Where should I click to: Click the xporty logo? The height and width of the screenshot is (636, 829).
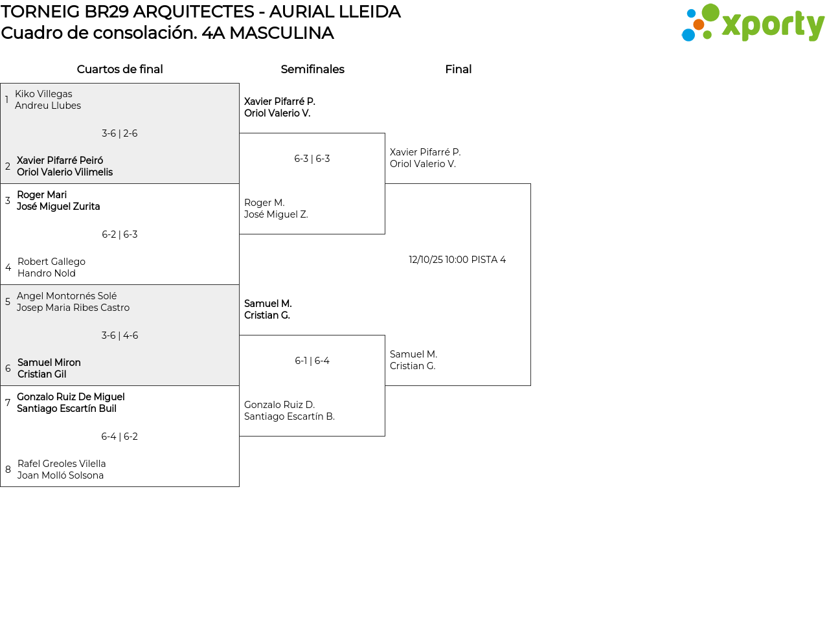[x=753, y=24]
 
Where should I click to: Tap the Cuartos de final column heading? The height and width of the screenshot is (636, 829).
[x=120, y=69]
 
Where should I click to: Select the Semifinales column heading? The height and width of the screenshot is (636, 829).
[x=312, y=69]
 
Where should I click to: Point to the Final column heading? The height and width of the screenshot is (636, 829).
[x=458, y=69]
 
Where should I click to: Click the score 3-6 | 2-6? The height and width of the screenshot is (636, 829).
[x=120, y=133]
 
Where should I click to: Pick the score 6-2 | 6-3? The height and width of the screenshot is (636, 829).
[x=120, y=234]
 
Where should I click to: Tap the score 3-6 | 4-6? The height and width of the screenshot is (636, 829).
[x=120, y=335]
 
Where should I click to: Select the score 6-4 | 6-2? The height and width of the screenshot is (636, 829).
[x=120, y=437]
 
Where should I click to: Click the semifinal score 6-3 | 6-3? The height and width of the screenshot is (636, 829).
[x=312, y=159]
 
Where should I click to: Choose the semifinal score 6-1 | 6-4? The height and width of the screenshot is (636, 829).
[x=312, y=361]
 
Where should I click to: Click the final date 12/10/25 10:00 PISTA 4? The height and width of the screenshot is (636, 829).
[x=457, y=260]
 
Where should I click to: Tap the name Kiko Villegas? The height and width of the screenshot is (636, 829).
[x=43, y=94]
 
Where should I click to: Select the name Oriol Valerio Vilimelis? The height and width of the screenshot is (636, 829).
[x=65, y=172]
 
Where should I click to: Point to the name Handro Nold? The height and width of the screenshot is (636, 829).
[x=47, y=273]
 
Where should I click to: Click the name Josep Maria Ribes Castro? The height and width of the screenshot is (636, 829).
[x=73, y=308]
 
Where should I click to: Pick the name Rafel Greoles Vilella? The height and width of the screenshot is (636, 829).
[x=62, y=464]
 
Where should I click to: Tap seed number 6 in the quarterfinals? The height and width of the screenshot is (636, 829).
[x=8, y=369]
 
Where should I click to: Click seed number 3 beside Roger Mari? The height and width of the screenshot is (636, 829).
[x=8, y=201]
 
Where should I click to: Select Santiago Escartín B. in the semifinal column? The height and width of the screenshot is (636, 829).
[x=290, y=416]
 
